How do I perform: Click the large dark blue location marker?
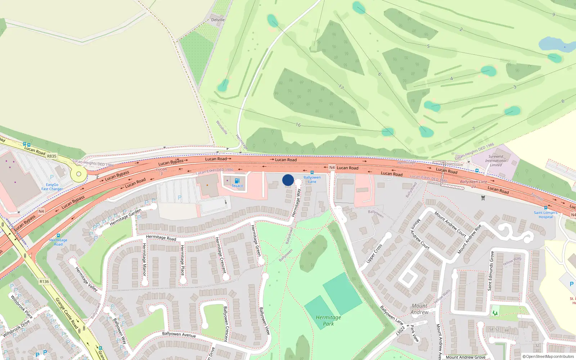pyautogui.click(x=288, y=180)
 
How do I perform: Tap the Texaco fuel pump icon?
pyautogui.click(x=237, y=181)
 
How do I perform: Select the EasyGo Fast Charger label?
pyautogui.click(x=52, y=186)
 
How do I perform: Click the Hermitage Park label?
pyautogui.click(x=328, y=320)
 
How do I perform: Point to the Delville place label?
pyautogui.click(x=218, y=20)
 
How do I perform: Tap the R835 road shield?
pyautogui.click(x=52, y=156)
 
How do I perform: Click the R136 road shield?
pyautogui.click(x=44, y=282)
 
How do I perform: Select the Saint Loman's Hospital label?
pyautogui.click(x=546, y=215)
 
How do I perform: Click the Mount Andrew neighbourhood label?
pyautogui.click(x=419, y=309)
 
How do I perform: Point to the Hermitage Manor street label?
pyautogui.click(x=144, y=260)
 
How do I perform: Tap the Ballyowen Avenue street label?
pyautogui.click(x=179, y=334)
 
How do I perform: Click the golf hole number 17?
pyautogui.click(x=341, y=86)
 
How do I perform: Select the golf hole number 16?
pyautogui.click(x=298, y=125)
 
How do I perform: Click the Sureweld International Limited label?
pyautogui.click(x=496, y=161)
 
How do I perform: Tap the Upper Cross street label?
pyautogui.click(x=374, y=253)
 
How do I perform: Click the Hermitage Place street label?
pyautogui.click(x=182, y=260)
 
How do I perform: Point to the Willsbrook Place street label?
pyautogui.click(x=21, y=307)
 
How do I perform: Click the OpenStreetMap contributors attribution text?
pyautogui.click(x=548, y=357)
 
